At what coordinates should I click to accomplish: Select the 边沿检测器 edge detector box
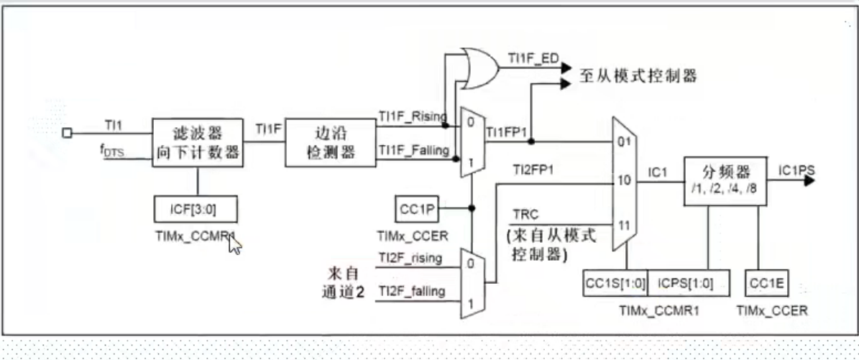coord(331,142)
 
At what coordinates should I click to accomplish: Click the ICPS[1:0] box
coord(690,282)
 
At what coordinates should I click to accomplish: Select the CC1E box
coord(767,282)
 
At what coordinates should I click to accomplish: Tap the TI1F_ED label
coord(533,58)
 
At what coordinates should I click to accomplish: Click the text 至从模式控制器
coord(638,76)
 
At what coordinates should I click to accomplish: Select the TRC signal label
coord(524,214)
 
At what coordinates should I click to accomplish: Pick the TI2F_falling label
coord(412,290)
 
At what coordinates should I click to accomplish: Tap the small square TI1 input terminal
coord(67,133)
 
